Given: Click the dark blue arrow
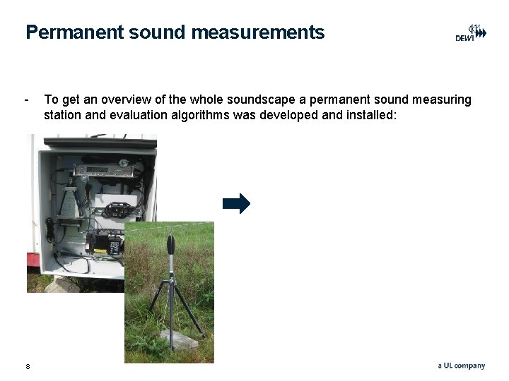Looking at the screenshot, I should pos(236,204).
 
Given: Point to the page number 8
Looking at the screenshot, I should pos(28,365).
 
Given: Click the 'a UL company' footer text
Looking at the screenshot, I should pos(461,365).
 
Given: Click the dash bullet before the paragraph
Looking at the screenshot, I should pos(27,99).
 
